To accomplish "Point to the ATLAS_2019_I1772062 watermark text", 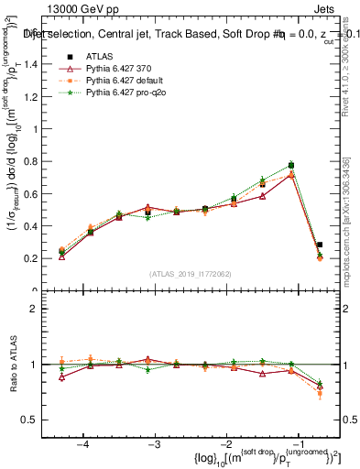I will [x=191, y=274].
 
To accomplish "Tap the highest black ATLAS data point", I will [x=291, y=165].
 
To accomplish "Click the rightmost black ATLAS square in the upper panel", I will [x=320, y=245].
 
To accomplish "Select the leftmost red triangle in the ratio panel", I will [x=61, y=376].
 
